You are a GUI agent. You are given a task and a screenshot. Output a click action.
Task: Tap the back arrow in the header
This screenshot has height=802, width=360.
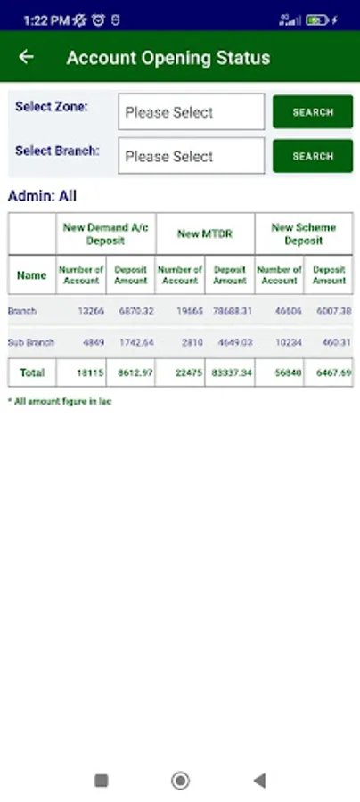[x=26, y=57]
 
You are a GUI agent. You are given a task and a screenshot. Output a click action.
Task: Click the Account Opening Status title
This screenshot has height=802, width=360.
[x=168, y=58]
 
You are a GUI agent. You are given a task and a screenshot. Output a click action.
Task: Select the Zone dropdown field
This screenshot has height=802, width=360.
[x=191, y=112]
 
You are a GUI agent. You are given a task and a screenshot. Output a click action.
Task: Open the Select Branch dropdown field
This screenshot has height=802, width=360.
[x=191, y=156]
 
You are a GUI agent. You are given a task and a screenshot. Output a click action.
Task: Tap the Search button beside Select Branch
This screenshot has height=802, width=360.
[x=312, y=156]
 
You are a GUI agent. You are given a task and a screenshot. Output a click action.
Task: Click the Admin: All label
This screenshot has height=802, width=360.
[x=43, y=196]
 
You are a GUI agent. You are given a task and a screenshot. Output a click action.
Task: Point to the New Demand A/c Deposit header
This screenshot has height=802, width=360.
[x=105, y=233]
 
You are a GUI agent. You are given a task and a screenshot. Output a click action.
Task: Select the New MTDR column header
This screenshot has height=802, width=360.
[x=204, y=233]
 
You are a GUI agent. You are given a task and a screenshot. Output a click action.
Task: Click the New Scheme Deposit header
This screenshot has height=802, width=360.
[x=303, y=233]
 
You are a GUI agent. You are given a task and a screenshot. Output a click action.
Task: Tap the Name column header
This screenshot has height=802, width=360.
[x=32, y=275]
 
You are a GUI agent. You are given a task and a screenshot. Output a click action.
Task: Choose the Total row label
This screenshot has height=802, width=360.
[x=32, y=372]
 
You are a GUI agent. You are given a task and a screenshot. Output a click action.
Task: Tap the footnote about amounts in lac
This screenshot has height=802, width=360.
[x=60, y=402]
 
